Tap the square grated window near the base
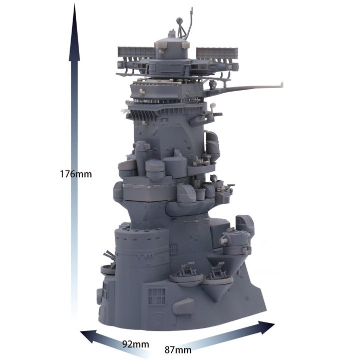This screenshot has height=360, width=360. pyautogui.click(x=157, y=295)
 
